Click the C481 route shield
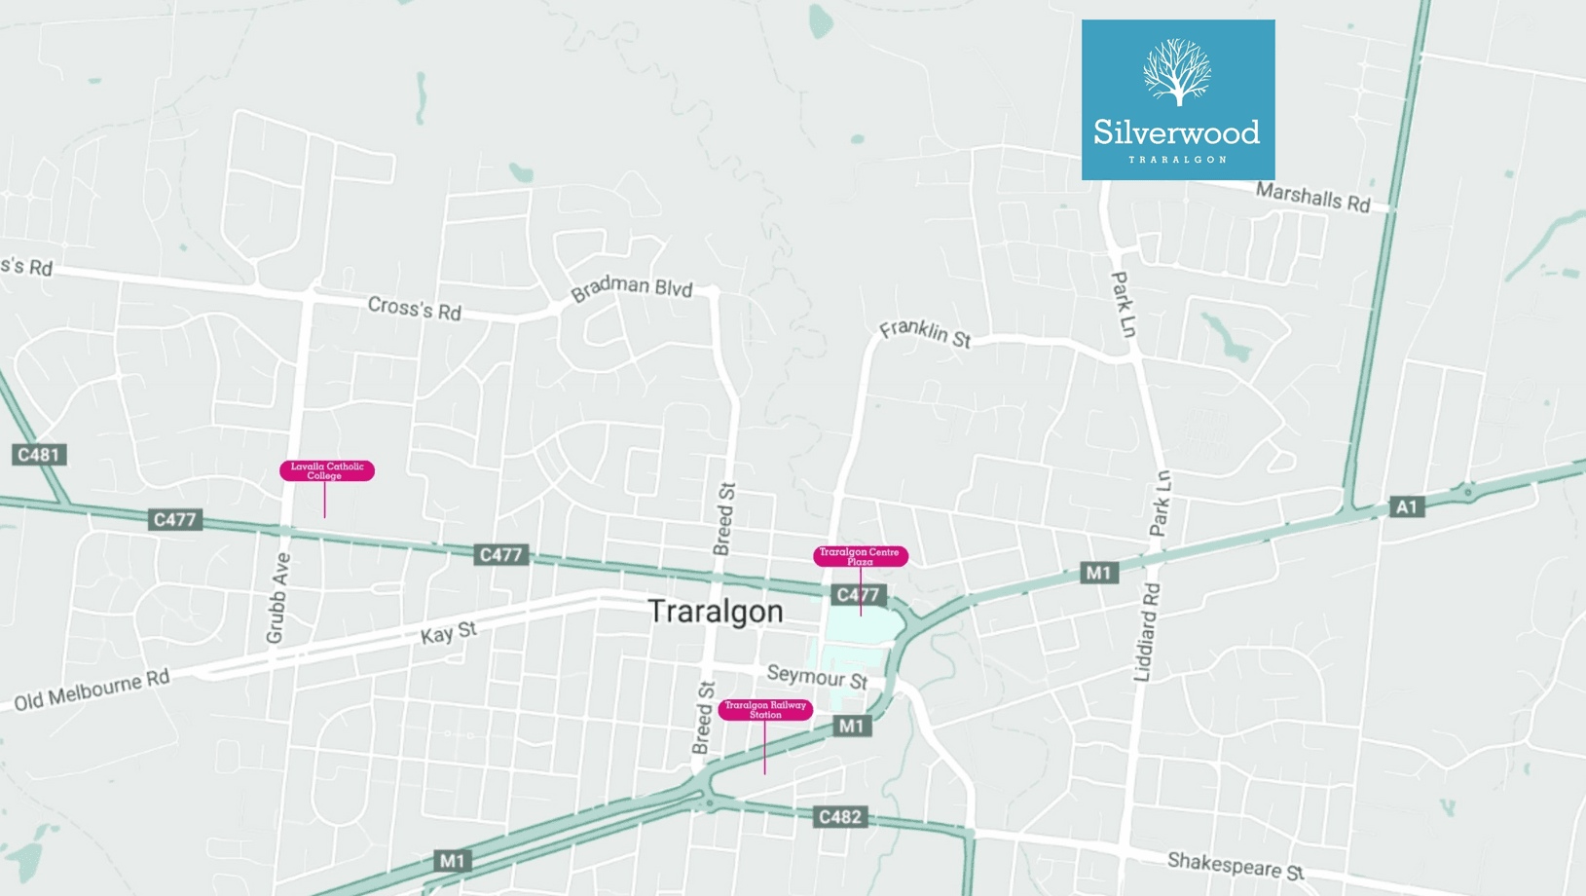point(39,455)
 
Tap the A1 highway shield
point(1406,506)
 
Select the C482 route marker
point(839,816)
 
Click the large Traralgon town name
point(716,612)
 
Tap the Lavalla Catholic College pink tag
point(327,470)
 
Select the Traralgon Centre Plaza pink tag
point(860,556)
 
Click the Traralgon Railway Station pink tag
point(765,710)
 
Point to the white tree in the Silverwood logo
point(1177,71)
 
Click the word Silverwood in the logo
point(1176,132)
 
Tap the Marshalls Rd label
point(1312,197)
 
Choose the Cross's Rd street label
point(414,309)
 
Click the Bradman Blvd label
point(631,288)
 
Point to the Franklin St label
point(925,333)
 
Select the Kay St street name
point(449,633)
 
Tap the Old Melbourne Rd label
point(92,690)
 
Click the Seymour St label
point(817,676)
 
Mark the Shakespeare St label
point(1235,865)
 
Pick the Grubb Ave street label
point(278,598)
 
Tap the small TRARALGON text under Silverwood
point(1177,159)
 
